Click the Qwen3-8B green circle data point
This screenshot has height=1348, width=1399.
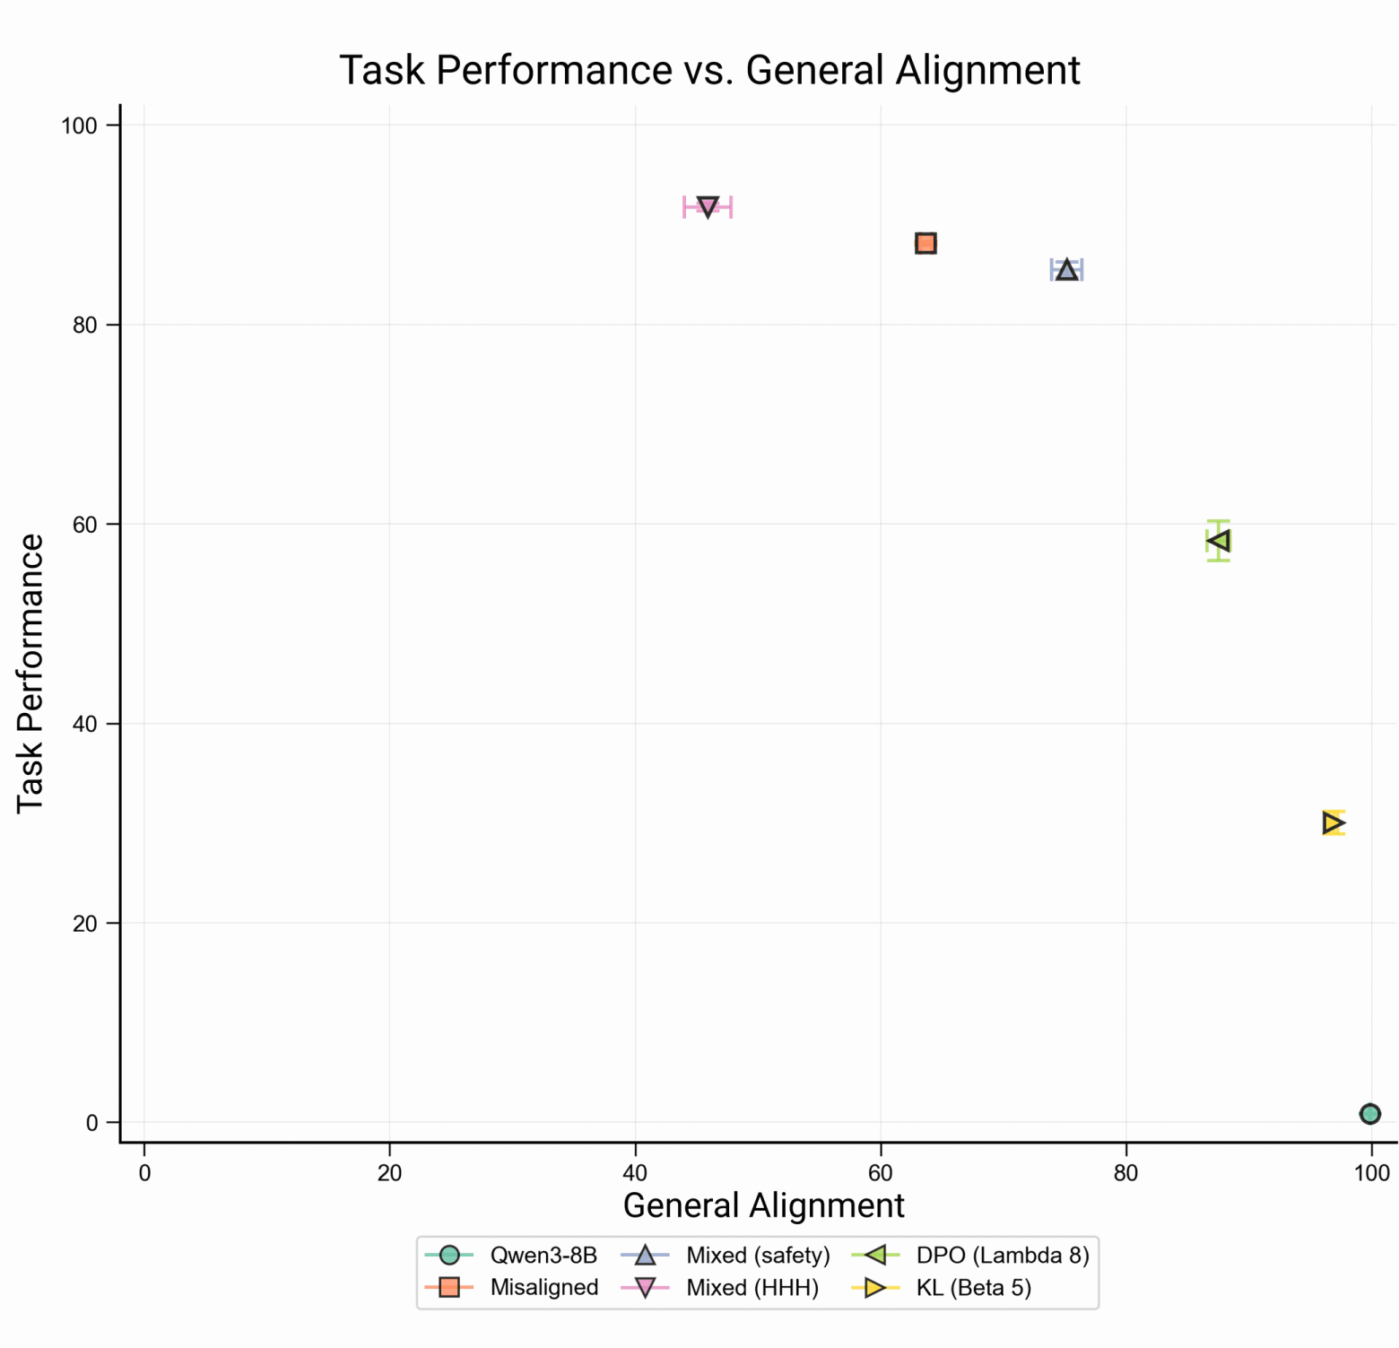[1369, 1113]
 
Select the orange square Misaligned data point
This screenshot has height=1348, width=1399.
[925, 243]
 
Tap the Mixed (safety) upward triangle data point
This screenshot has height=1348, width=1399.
[1066, 270]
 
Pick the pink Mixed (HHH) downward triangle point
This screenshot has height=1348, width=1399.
[708, 207]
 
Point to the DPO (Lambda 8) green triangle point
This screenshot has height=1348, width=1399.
[1218, 541]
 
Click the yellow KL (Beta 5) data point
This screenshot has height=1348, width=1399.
[1334, 822]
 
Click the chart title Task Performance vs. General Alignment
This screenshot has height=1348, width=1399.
[709, 70]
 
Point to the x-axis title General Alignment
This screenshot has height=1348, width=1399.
[763, 1205]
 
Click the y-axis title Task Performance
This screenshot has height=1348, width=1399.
[30, 673]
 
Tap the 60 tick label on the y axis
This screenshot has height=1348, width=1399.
[84, 525]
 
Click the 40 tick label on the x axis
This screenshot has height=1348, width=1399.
[635, 1173]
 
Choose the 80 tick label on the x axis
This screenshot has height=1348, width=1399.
[1125, 1173]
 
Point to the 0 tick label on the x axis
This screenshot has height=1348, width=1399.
[144, 1173]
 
